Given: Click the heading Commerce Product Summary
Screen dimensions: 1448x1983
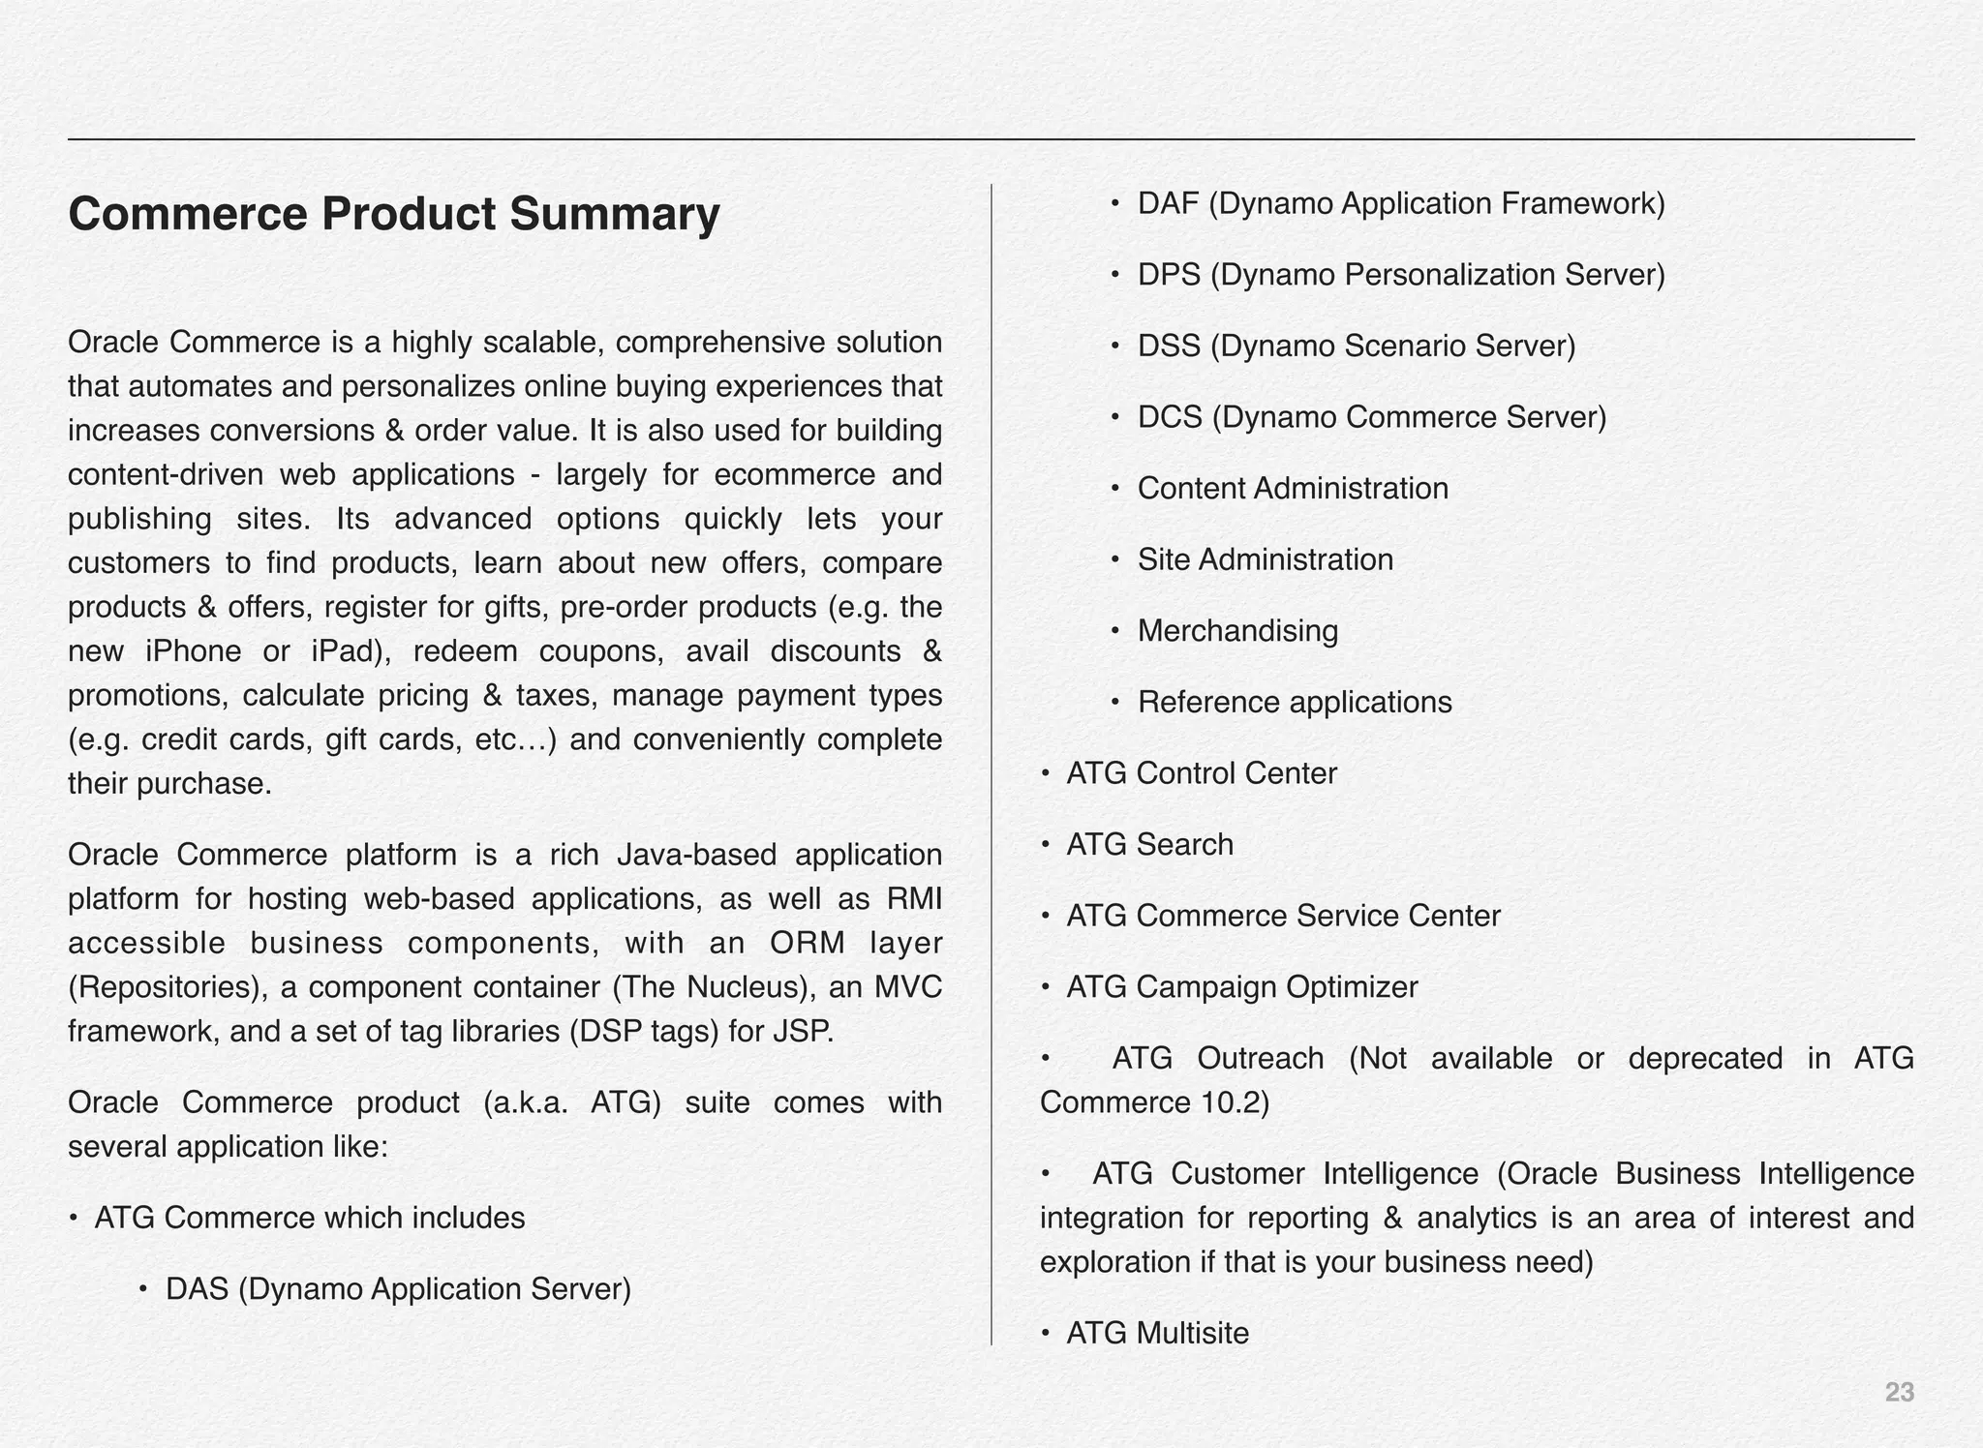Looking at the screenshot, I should tap(394, 215).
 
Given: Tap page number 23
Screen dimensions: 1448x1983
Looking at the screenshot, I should tap(1899, 1393).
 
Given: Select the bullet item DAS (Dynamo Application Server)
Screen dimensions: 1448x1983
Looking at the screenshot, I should tap(398, 1289).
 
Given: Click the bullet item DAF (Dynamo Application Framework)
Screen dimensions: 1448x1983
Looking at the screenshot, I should tap(1401, 204).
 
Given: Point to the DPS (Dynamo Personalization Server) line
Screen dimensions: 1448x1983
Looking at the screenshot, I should tap(1401, 275).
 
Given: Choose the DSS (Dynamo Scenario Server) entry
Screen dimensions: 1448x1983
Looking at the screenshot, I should tap(1357, 347).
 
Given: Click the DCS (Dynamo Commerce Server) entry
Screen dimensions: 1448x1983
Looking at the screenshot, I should tap(1371, 417).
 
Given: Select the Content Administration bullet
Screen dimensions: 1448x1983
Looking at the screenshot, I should tap(1293, 489).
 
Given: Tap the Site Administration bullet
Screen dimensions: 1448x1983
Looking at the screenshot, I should tap(1265, 559).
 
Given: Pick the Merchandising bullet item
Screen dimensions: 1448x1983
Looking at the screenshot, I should tap(1237, 631).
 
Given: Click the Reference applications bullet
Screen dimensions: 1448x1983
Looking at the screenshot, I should tap(1295, 703).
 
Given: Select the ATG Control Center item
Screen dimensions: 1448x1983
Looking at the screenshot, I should tap(1201, 773).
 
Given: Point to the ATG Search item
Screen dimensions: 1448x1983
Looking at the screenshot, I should tap(1149, 845).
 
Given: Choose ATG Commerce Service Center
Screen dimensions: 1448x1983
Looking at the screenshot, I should tap(1283, 916).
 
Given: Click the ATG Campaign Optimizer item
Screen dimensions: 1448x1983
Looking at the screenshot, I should tap(1241, 987).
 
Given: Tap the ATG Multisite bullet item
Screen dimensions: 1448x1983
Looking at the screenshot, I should tap(1157, 1334).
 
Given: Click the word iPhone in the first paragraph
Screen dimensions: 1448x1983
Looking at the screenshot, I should tap(193, 651).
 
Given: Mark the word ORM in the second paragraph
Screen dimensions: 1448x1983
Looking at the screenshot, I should tap(808, 943).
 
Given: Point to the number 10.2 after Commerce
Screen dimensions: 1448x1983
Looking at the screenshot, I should tap(1230, 1103).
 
